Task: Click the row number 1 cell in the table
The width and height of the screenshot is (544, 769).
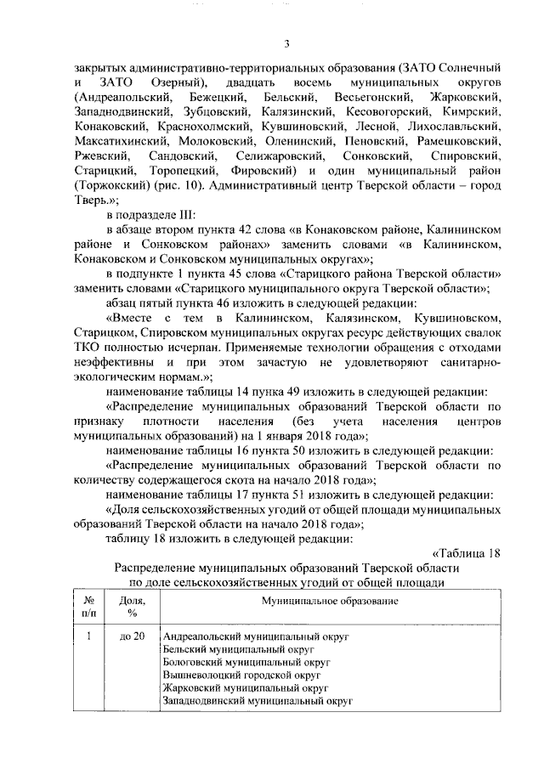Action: [x=88, y=636]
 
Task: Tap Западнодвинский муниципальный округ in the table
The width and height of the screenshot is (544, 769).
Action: [x=258, y=701]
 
